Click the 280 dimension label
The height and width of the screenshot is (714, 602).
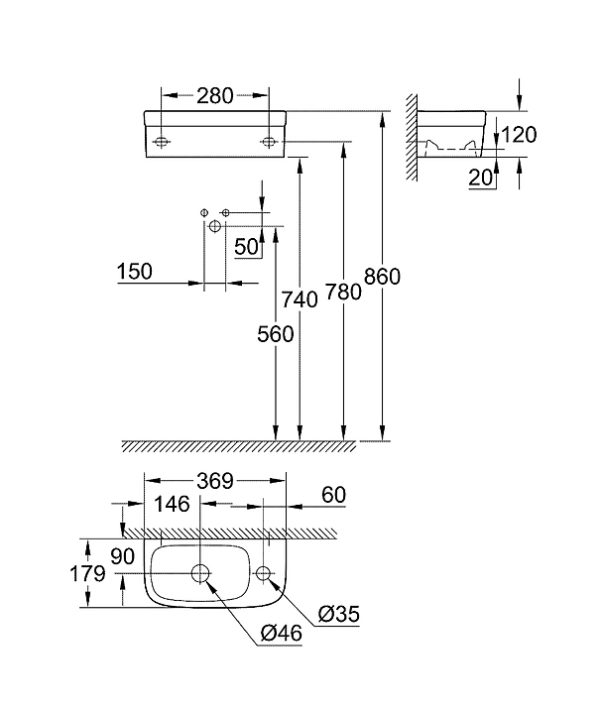[x=215, y=96]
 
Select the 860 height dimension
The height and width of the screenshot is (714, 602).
[x=382, y=278]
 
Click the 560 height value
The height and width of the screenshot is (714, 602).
[x=276, y=334]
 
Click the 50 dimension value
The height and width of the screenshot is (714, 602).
[x=248, y=245]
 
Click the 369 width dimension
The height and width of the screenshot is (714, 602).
[x=214, y=481]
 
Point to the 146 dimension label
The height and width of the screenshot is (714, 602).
[x=172, y=505]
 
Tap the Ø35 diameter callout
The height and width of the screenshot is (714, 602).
[x=339, y=615]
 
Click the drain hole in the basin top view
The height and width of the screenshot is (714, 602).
[x=200, y=573]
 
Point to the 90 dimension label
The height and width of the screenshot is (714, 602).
[x=123, y=557]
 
